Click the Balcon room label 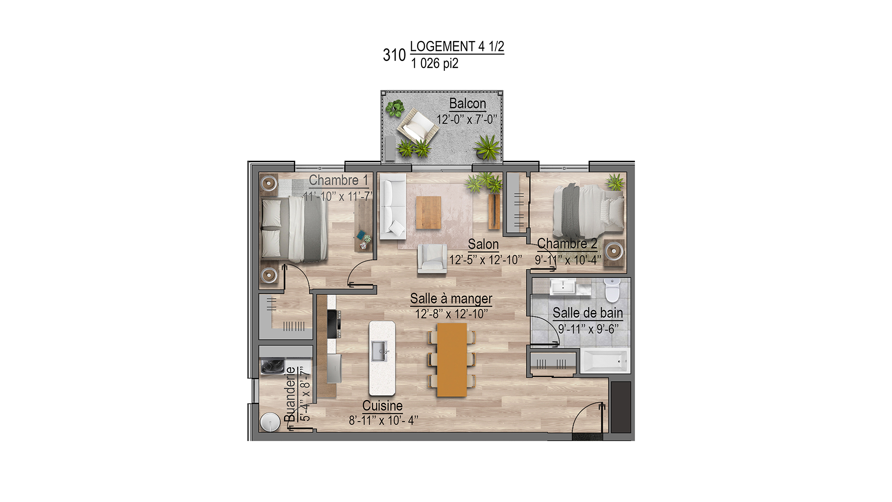point(467,103)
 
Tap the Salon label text point(483,244)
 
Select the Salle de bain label point(588,313)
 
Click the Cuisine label point(382,406)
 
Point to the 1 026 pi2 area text point(434,64)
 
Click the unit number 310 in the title point(394,55)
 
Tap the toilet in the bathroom point(611,290)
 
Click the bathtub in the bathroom point(604,361)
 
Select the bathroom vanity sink point(563,287)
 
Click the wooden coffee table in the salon point(428,213)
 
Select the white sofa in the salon point(393,207)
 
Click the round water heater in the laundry point(270,422)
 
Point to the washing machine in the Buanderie point(273,366)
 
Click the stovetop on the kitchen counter point(333,324)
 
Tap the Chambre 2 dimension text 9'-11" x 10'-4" point(568,260)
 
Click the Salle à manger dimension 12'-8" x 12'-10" point(451,314)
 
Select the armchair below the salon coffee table point(432,259)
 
